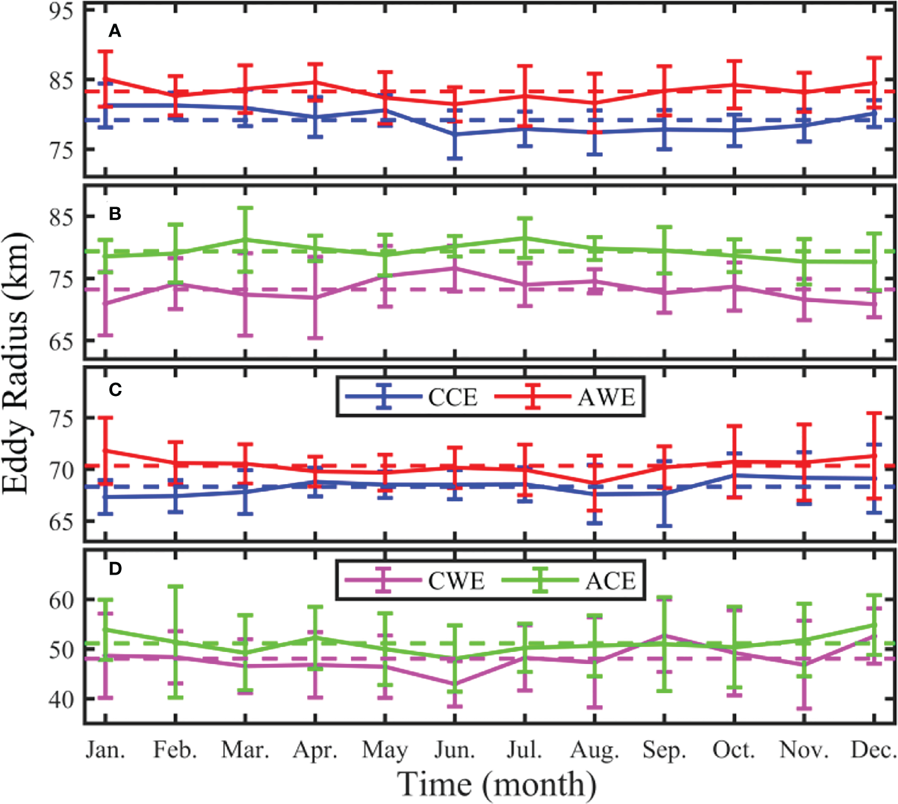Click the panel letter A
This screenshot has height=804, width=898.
coord(115,31)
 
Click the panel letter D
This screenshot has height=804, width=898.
coord(115,568)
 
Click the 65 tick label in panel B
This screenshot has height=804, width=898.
coord(62,341)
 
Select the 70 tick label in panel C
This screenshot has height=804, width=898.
coord(62,469)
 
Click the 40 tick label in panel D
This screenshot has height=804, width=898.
coord(62,699)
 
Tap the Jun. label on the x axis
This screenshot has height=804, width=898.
coord(454,750)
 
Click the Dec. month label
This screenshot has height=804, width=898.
coord(873,750)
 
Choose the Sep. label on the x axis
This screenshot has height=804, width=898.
coord(664,750)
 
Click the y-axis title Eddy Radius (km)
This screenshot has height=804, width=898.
coord(16,363)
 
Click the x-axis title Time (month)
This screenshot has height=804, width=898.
coord(497,784)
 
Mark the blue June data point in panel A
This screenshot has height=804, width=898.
coord(454,134)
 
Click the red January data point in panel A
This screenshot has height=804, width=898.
coord(105,79)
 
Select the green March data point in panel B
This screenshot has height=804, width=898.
coord(245,239)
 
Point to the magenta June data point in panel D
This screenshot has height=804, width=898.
coord(454,684)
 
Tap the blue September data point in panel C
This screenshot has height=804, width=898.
coord(664,492)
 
